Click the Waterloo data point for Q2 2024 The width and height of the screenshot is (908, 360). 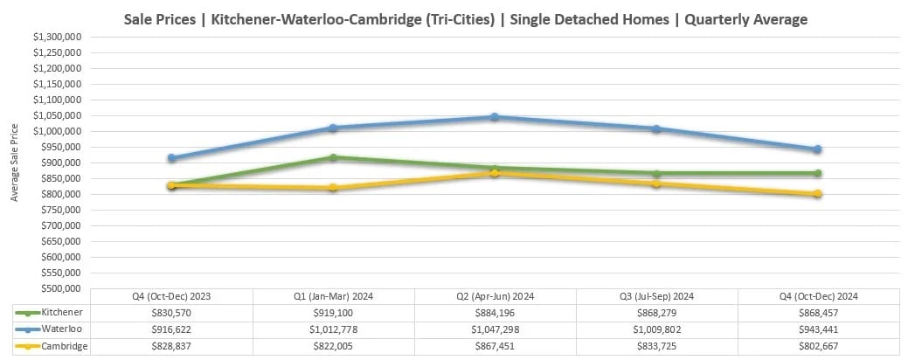[x=495, y=116]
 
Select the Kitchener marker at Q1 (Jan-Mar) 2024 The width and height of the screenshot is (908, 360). [x=333, y=157]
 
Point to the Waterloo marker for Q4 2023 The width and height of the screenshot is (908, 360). [x=171, y=158]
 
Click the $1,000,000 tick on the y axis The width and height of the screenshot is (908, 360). [x=58, y=131]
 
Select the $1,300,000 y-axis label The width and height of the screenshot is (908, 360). [x=58, y=37]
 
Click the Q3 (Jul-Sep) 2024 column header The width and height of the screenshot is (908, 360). [x=656, y=295]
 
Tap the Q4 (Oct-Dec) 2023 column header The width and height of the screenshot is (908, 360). [x=171, y=295]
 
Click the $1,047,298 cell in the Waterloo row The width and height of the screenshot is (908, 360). [x=495, y=329]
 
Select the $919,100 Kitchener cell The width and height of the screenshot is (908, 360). [x=333, y=312]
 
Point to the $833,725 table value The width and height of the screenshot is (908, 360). [x=656, y=347]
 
